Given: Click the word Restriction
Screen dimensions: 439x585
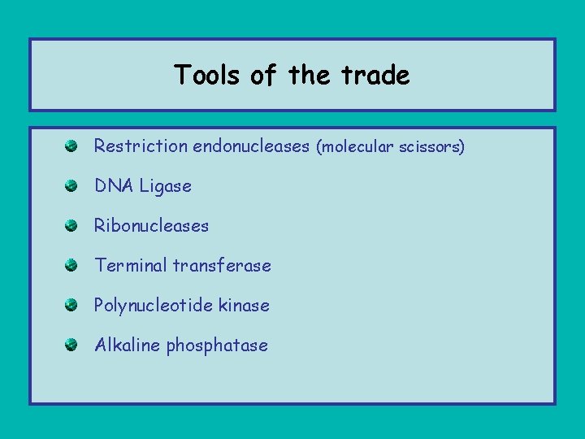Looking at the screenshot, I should coord(141,146).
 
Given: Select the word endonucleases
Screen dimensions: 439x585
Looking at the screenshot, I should coord(251,146).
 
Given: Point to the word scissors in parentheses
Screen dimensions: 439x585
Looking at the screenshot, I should coord(430,147).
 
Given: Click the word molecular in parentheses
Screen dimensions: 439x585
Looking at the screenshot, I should coord(353,147).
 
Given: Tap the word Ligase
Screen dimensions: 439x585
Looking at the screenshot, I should coord(166,186).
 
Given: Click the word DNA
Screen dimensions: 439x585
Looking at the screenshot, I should coord(114,186).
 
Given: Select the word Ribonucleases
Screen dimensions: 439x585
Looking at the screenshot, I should coord(152,226).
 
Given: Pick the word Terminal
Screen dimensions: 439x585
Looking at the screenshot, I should coord(129,266).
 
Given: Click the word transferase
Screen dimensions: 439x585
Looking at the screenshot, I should coord(220,266).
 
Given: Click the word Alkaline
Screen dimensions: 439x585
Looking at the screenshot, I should coord(128,346).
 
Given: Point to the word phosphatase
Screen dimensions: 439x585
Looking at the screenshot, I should coord(217,346).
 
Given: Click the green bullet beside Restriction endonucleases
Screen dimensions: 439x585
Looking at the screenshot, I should coord(71,146).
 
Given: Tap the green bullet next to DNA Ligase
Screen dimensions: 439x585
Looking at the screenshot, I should coord(71,185).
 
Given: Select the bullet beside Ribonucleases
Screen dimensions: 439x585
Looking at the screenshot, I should coord(71,225).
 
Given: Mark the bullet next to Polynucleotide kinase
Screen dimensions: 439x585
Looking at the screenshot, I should coord(71,305).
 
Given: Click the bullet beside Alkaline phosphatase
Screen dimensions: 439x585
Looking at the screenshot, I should coord(71,345).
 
